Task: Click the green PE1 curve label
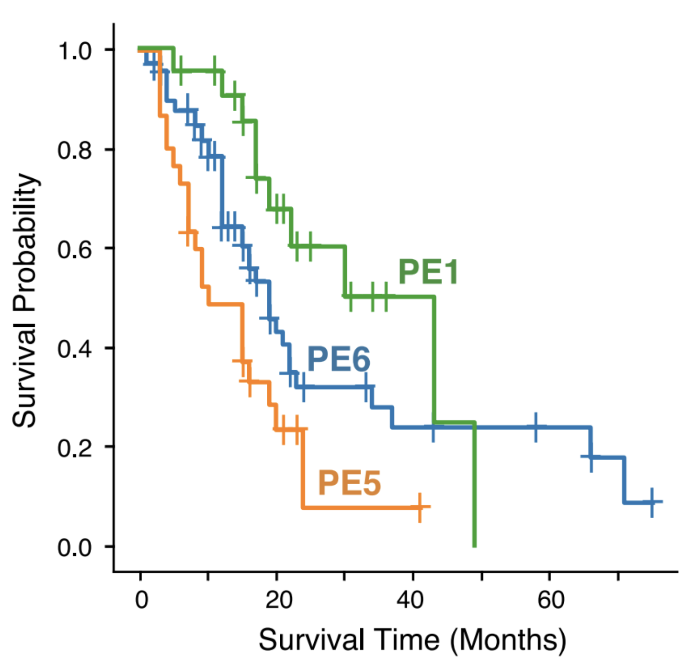click(x=428, y=271)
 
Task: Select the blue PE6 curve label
click(x=338, y=359)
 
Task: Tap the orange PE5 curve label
click(x=349, y=482)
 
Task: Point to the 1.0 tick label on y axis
click(x=74, y=50)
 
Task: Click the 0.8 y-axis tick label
click(x=74, y=150)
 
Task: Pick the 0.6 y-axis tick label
click(x=74, y=249)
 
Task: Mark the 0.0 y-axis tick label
click(x=74, y=548)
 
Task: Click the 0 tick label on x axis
click(x=141, y=600)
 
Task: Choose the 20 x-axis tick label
click(x=278, y=600)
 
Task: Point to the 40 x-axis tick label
click(x=411, y=600)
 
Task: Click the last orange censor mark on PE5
click(x=420, y=507)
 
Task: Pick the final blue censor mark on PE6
click(x=652, y=502)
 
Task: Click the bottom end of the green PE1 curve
click(x=474, y=546)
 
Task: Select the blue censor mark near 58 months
click(x=536, y=426)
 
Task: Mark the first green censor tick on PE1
click(x=180, y=71)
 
